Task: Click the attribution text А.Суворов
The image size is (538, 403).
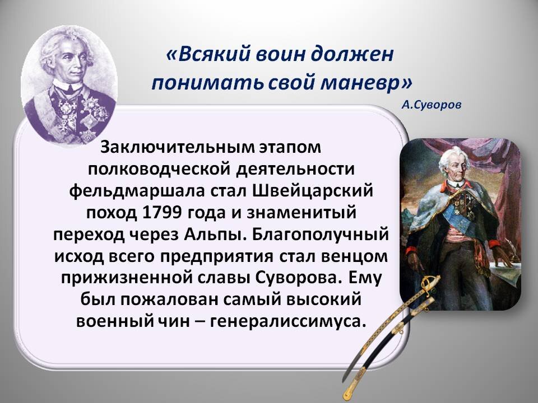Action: tap(432, 104)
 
